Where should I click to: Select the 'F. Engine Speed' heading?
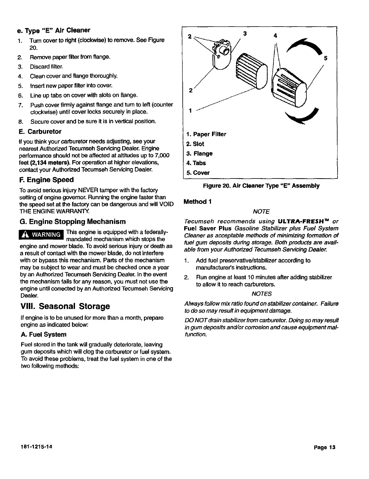coord(46,180)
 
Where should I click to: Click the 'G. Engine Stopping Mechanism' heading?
coord(72,222)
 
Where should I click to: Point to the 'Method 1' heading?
coord(197,202)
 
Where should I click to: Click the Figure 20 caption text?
coord(261,186)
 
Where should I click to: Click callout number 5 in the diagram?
coord(326,58)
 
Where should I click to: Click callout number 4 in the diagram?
coord(275,36)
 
